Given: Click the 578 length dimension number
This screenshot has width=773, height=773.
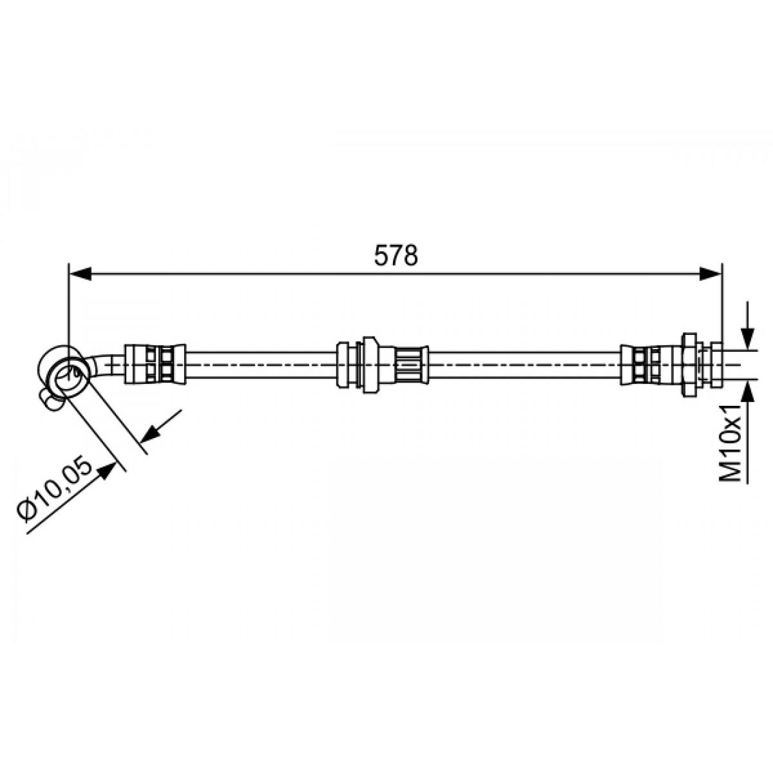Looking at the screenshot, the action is coord(396,256).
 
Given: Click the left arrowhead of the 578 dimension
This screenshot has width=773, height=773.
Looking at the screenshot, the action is coord(81,274).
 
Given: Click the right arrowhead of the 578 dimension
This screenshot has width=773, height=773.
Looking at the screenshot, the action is coord(710,274).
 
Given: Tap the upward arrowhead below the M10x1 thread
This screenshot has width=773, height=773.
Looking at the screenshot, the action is coord(748,392).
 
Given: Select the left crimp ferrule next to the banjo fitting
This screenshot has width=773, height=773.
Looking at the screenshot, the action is coord(155,364).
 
